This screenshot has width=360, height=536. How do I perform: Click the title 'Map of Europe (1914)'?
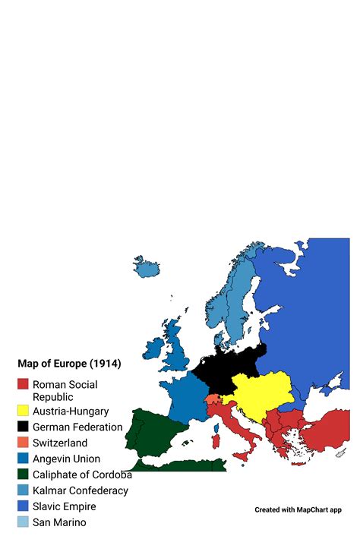click(x=69, y=364)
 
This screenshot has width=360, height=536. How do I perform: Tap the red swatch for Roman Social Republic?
click(x=24, y=385)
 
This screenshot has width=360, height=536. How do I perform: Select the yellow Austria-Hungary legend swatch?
click(x=24, y=411)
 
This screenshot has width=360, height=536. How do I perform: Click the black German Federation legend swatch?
click(x=24, y=427)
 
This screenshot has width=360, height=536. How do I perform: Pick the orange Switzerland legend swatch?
click(x=24, y=443)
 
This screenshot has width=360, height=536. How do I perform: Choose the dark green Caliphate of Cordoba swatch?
click(x=24, y=475)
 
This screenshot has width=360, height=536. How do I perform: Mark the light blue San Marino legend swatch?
click(x=24, y=522)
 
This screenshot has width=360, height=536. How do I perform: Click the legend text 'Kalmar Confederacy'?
click(x=81, y=490)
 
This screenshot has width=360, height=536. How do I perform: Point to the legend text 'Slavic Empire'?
click(x=65, y=506)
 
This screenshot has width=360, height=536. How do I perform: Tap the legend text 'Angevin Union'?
click(x=66, y=459)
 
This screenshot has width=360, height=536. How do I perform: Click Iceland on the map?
click(x=147, y=266)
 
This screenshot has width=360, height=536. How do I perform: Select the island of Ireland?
click(x=154, y=348)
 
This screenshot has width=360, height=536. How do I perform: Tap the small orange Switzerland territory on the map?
click(x=212, y=399)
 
